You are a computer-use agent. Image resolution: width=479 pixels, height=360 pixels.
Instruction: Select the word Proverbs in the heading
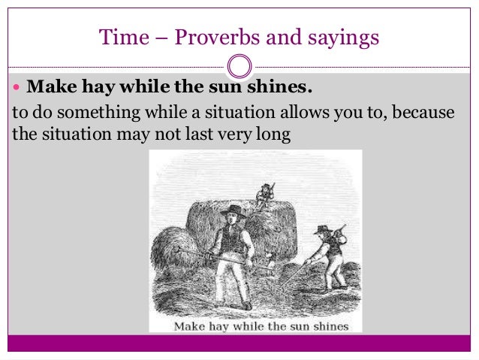coord(212,36)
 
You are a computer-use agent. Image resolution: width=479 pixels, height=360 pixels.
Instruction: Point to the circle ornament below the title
coord(239,66)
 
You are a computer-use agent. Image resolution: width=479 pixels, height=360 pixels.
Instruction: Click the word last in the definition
coord(209,134)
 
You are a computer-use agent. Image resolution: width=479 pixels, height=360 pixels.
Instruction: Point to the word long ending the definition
coord(274,135)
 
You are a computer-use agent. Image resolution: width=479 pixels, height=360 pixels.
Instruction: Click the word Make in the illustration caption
coord(190,326)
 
